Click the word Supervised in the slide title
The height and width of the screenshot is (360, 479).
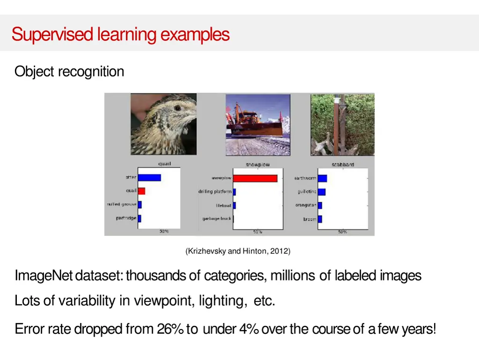[53, 35]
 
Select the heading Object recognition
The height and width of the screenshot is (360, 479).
[69, 72]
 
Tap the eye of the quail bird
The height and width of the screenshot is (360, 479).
[177, 108]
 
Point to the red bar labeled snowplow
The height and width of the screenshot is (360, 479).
[255, 178]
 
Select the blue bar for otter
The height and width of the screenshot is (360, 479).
[149, 177]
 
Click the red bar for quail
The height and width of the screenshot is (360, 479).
[141, 191]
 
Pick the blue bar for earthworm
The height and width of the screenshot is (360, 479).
[322, 178]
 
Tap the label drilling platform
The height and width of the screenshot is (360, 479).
[215, 191]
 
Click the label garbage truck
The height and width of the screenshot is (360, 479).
[217, 219]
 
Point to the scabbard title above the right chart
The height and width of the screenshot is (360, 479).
[342, 164]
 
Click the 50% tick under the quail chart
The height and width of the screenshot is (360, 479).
[164, 232]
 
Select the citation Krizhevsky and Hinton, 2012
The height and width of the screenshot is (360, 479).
[238, 251]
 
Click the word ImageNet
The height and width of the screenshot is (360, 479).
[44, 276]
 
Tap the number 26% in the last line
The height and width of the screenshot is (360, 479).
[170, 329]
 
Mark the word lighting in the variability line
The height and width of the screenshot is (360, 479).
[223, 301]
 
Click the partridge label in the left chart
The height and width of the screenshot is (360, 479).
[126, 218]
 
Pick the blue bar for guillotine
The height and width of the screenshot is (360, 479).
[321, 191]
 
